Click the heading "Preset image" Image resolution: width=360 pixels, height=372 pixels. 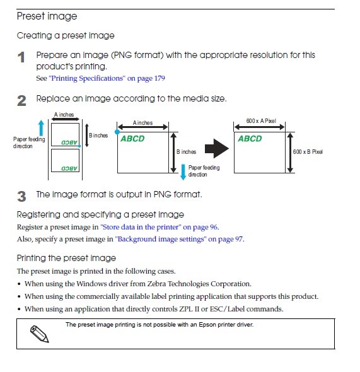pos(47,16)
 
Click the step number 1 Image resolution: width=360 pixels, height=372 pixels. pos(21,57)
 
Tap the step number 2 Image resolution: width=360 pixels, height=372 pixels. pos(21,101)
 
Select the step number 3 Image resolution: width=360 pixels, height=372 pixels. pos(21,197)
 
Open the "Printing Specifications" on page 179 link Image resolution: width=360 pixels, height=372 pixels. pos(107,78)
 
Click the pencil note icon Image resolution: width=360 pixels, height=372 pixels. pos(39,334)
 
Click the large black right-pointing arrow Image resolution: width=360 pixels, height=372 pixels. pos(217,149)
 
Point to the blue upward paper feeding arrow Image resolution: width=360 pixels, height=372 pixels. pos(41,128)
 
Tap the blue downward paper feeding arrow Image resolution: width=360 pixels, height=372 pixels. pos(183,172)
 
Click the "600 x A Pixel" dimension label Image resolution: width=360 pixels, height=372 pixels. pos(261,121)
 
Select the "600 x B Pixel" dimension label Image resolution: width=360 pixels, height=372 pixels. pos(308,151)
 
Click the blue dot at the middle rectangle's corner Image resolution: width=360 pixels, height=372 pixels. pos(117,132)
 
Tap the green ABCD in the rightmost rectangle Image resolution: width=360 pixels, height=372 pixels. pos(250,139)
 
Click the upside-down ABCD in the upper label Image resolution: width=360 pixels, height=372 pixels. pos(69,142)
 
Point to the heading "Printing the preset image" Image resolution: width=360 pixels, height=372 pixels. pos(66,258)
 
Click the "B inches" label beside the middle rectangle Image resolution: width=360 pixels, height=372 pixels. pos(186,152)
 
